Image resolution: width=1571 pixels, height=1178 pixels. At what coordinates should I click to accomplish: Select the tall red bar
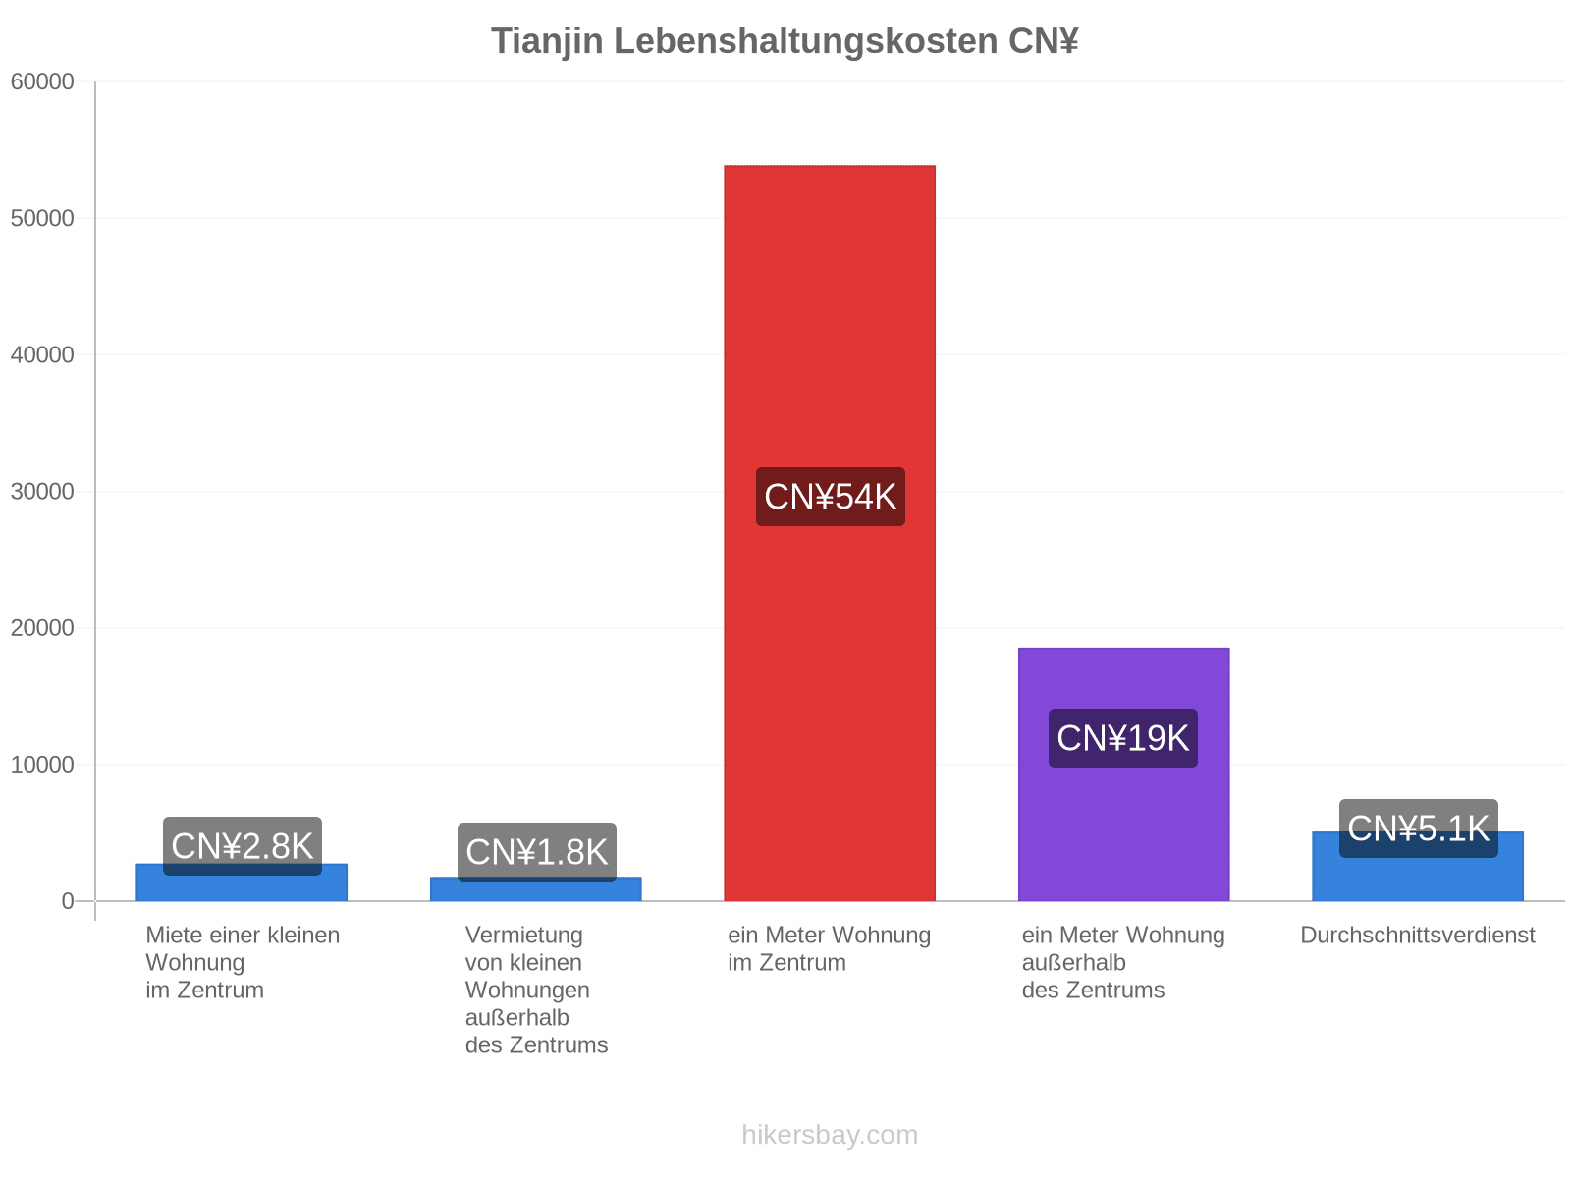[x=830, y=533]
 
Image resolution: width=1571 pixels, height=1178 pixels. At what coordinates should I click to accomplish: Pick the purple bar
[x=1123, y=775]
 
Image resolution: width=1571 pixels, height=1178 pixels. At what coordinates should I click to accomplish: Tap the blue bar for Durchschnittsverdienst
[x=1418, y=866]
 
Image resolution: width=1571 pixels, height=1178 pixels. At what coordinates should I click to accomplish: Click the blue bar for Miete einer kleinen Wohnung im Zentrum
[x=242, y=883]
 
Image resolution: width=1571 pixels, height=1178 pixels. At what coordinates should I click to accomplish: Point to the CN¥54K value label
[x=831, y=497]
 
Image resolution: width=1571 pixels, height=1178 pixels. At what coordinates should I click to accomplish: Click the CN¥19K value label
[x=1123, y=738]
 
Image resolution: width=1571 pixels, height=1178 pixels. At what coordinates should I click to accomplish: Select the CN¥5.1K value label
[x=1419, y=829]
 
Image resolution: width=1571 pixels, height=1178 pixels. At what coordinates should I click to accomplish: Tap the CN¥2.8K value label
[x=243, y=846]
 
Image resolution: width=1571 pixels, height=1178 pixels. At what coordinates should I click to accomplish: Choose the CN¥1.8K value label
[x=537, y=852]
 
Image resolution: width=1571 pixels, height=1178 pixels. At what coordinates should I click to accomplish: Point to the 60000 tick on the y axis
[x=42, y=81]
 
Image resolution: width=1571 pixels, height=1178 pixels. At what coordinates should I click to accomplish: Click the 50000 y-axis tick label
[x=42, y=218]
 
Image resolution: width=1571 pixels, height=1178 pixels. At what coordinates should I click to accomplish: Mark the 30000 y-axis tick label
[x=42, y=492]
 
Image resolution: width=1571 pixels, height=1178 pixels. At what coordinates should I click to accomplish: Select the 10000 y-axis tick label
[x=42, y=765]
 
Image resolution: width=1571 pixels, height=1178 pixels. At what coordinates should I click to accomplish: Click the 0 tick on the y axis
[x=68, y=901]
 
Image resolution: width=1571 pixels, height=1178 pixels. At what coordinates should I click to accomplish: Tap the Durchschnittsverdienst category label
[x=1418, y=936]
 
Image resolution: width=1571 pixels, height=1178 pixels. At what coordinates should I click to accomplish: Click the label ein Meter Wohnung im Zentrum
[x=830, y=949]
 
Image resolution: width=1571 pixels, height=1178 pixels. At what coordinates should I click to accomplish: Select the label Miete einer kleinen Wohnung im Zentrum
[x=243, y=963]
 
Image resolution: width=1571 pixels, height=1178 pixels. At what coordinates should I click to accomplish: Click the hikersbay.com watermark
[x=830, y=1135]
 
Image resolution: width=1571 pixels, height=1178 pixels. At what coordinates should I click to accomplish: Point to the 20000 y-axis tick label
[x=42, y=628]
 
